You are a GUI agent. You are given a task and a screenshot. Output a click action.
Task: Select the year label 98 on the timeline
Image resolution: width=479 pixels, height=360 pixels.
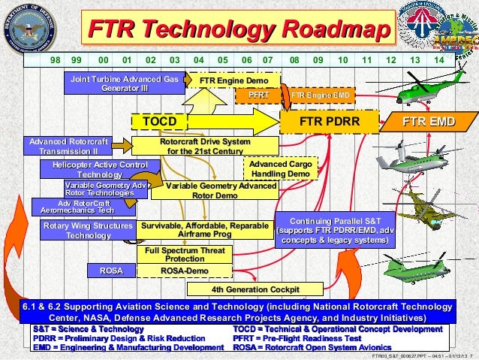point(55,59)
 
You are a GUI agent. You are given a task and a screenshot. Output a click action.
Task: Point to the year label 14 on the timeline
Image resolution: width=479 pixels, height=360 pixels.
point(439,59)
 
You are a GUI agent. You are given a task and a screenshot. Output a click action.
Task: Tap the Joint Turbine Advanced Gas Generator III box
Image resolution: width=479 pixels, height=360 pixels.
point(125,83)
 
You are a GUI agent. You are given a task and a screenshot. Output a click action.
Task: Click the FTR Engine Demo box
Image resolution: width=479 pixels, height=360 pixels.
point(233,80)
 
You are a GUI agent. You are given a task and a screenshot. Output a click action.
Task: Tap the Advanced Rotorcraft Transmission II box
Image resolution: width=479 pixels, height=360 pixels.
point(68,146)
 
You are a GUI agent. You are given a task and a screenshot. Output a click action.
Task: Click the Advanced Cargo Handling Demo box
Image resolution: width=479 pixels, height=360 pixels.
point(279,168)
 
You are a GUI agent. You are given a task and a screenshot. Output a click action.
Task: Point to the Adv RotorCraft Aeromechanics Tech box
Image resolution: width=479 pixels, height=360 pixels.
point(74,207)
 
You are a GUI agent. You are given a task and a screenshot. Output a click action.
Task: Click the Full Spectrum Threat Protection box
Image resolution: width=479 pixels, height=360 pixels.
point(185,254)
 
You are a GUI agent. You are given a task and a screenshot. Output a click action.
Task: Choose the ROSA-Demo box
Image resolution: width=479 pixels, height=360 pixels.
point(185,271)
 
